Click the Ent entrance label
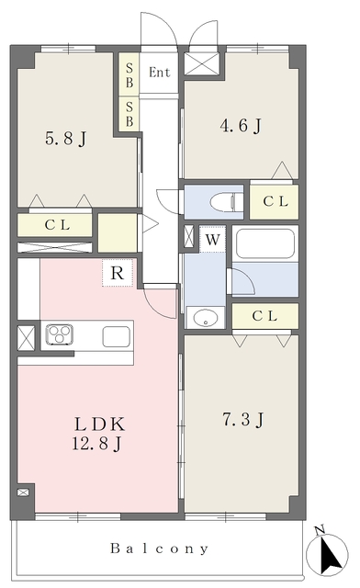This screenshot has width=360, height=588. point(160,72)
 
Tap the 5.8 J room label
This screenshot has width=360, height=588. point(66,139)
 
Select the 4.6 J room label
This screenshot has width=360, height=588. point(241,126)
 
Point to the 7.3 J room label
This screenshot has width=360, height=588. point(243,419)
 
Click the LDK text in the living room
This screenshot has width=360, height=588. point(99,424)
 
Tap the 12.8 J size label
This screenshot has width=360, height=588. point(96,444)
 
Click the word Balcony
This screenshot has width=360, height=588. point(159,548)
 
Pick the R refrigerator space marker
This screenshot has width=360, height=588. point(118,273)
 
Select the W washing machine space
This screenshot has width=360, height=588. point(212,239)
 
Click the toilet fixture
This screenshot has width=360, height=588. point(227,203)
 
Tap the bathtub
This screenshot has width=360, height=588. point(265,243)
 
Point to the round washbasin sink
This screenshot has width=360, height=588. point(206,319)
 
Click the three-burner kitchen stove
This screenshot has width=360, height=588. point(60,334)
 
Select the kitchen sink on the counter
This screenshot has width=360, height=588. point(117,336)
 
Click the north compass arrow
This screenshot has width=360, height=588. point(330,553)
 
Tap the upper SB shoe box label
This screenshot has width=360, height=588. point(129,75)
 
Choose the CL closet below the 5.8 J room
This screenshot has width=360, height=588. point(55,225)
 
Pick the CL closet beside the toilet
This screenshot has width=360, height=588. point(274,202)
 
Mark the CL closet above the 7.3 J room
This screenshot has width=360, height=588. point(265,316)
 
